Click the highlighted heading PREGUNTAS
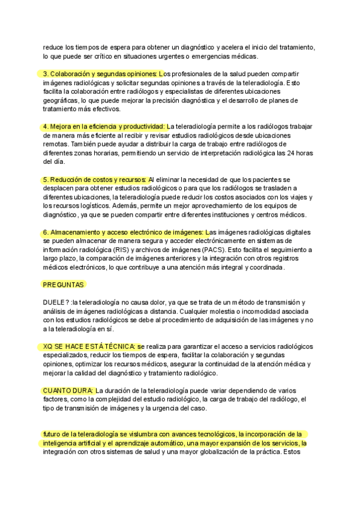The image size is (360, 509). (63, 285)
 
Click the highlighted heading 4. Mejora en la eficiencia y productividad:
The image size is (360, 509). (103, 127)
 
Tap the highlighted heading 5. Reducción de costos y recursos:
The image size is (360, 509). (94, 179)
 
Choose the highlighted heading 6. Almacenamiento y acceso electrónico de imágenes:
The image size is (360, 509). (124, 232)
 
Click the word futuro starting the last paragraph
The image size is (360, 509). (52, 434)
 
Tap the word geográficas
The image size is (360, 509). (62, 100)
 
